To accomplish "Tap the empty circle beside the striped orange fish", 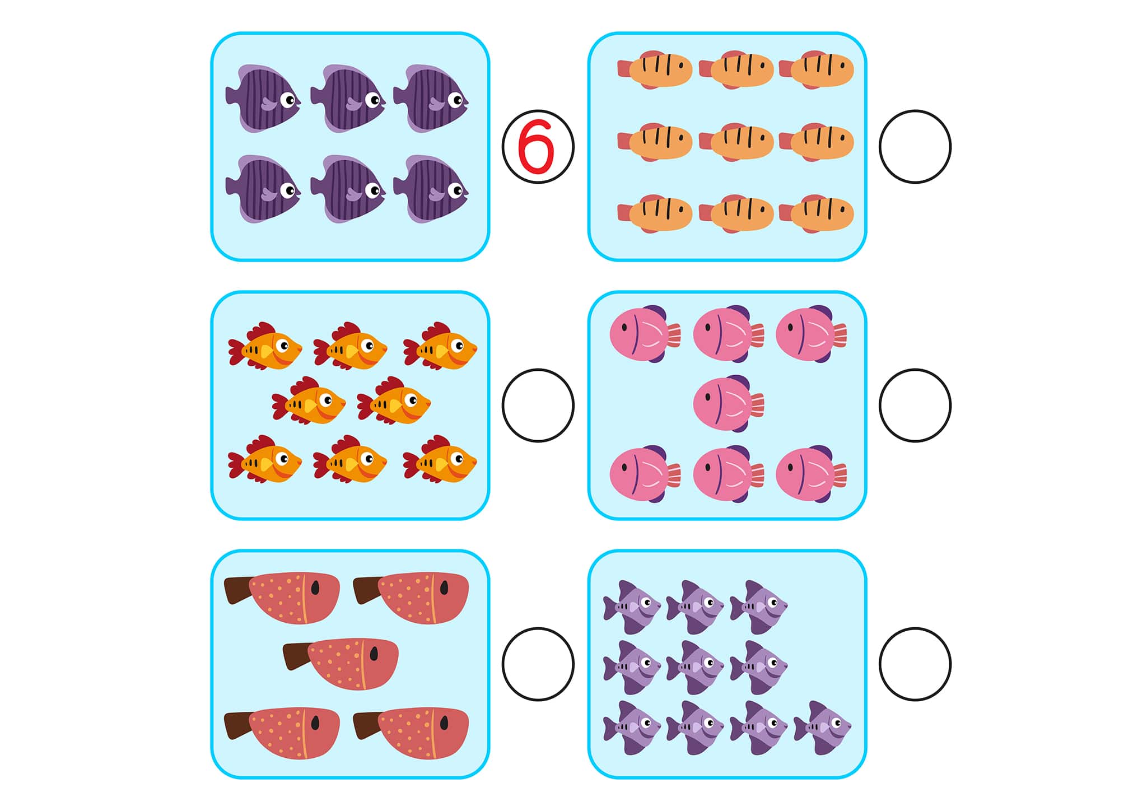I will click(x=915, y=147).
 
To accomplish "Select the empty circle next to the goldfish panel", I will click(x=538, y=405).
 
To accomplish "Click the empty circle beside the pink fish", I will click(x=915, y=405).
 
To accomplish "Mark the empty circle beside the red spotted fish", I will click(x=538, y=664).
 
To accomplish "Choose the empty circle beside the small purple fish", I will click(x=915, y=664).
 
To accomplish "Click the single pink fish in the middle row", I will click(x=727, y=403).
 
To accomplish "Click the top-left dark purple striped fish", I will click(x=263, y=99).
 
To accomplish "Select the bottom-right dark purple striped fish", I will click(x=431, y=189).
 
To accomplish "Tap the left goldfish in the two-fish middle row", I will click(x=309, y=401).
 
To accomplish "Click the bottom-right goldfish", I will click(x=440, y=459).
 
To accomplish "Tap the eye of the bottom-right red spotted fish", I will click(x=444, y=723).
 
